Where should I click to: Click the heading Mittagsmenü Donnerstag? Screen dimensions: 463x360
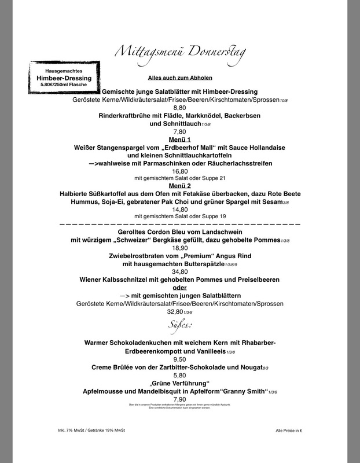[x=180, y=53]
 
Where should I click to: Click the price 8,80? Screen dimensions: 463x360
[x=179, y=108]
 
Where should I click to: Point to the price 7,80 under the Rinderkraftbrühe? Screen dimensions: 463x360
[x=179, y=132]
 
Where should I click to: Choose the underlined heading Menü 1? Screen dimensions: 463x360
[x=179, y=140]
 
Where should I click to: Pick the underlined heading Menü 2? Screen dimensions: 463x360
[x=179, y=185]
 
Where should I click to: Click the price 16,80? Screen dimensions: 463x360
[x=179, y=171]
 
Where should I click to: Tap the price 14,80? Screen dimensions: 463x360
[x=179, y=210]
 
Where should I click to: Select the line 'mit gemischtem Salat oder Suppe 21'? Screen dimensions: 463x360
[x=179, y=178]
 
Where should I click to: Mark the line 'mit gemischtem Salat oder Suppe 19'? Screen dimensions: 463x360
[x=179, y=216]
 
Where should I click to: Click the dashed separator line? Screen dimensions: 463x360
[x=179, y=223]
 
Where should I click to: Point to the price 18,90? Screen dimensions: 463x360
[x=179, y=247]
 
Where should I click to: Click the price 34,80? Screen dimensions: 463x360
[x=179, y=271]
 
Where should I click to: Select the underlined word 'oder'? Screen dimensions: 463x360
[x=179, y=287]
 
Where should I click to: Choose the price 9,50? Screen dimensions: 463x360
[x=179, y=359]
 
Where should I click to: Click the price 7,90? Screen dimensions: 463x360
[x=179, y=399]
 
